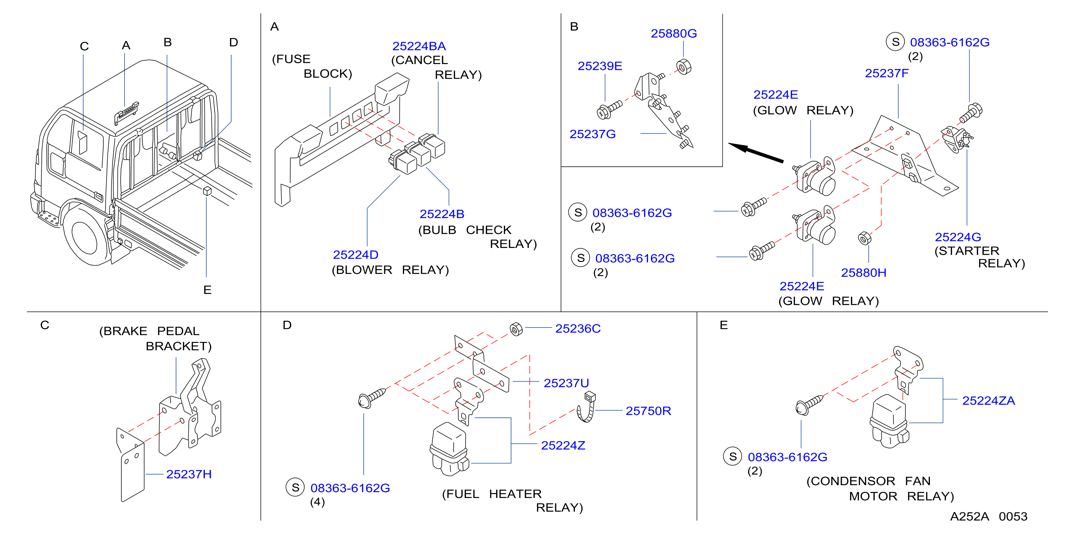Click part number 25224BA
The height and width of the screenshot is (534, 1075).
(x=419, y=46)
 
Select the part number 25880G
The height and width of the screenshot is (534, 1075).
(x=674, y=33)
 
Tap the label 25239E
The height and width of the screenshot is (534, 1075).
(x=600, y=66)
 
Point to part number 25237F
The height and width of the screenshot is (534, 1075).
(x=886, y=73)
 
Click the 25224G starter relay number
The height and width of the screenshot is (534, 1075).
(x=958, y=237)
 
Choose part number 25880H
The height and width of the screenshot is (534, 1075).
(x=863, y=273)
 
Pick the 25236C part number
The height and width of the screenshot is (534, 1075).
(x=577, y=329)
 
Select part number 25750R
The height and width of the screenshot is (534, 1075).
(x=648, y=411)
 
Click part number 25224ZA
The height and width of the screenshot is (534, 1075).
(x=988, y=400)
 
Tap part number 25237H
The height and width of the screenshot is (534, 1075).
(x=189, y=474)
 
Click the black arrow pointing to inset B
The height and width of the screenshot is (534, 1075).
(x=756, y=153)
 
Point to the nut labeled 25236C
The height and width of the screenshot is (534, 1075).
(x=516, y=329)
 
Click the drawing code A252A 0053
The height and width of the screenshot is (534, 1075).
(x=989, y=516)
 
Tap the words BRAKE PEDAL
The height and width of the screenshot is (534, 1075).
(x=149, y=331)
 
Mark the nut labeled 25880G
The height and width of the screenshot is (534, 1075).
(x=684, y=67)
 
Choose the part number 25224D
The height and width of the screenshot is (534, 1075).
(x=356, y=255)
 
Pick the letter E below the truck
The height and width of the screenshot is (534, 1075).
(x=207, y=290)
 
